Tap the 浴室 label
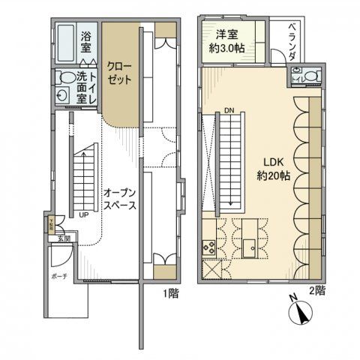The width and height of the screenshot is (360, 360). tap(87, 43)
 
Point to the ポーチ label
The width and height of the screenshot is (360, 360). tap(59, 275)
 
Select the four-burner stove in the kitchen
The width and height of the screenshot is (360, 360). tap(209, 247)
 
